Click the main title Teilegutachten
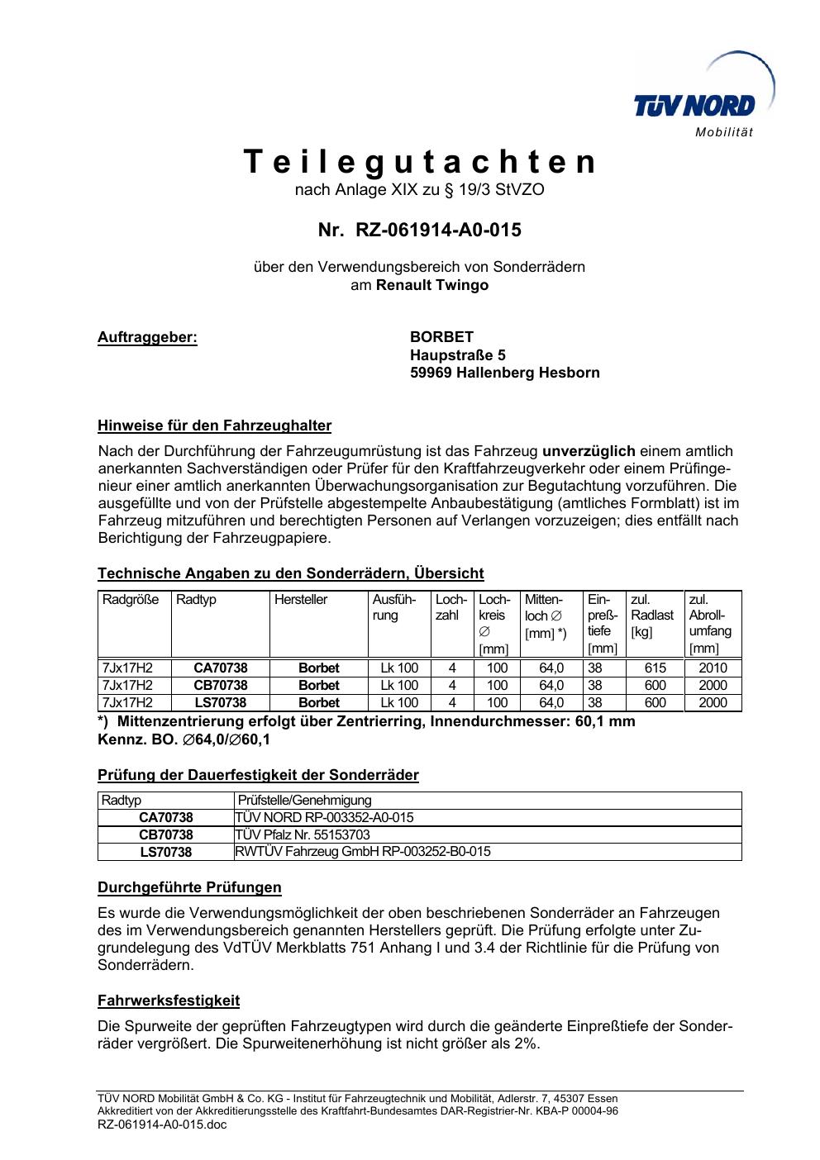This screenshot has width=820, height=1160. (x=420, y=162)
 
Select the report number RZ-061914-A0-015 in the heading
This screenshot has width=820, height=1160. (x=438, y=230)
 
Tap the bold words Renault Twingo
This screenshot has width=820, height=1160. (x=432, y=285)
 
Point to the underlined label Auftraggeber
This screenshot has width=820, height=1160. (x=147, y=337)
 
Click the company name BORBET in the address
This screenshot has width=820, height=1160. (x=441, y=337)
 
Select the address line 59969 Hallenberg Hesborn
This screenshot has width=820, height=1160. (x=504, y=373)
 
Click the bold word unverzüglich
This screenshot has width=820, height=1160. (x=589, y=451)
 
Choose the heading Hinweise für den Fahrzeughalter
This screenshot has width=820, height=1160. (x=214, y=426)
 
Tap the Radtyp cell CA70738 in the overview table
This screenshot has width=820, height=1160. (x=220, y=668)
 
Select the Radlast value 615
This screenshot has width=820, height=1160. (x=655, y=668)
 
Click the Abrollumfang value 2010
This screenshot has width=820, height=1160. (x=713, y=668)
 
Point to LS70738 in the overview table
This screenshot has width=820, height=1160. (x=220, y=703)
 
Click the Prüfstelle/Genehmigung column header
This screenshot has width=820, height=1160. (x=304, y=800)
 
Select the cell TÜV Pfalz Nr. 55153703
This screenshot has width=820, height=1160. (x=303, y=834)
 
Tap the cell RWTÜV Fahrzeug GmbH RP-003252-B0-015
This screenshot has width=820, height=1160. (x=363, y=852)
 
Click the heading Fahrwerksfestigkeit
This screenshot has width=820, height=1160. (x=169, y=1001)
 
